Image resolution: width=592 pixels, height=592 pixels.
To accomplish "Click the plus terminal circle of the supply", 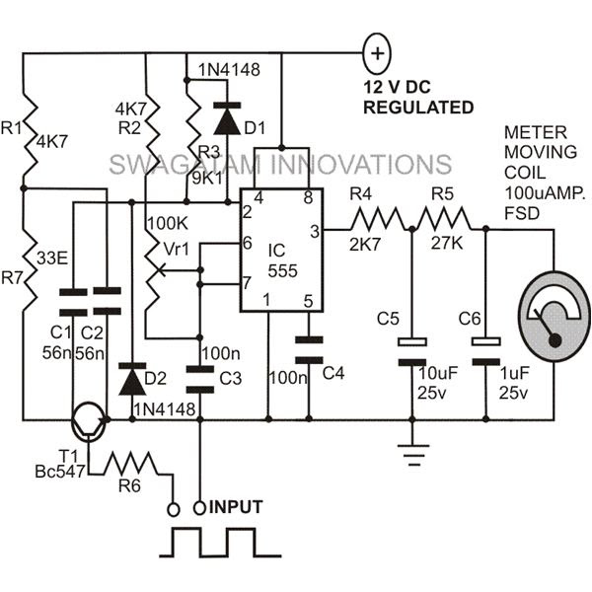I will [x=377, y=48].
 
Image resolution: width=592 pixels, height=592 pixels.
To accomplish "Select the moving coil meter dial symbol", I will [x=552, y=314].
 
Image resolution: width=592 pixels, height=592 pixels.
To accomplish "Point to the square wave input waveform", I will [x=213, y=542].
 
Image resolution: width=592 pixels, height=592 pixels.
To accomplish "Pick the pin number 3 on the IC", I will [x=313, y=231].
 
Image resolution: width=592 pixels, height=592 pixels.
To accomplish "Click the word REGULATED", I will [x=418, y=107].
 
